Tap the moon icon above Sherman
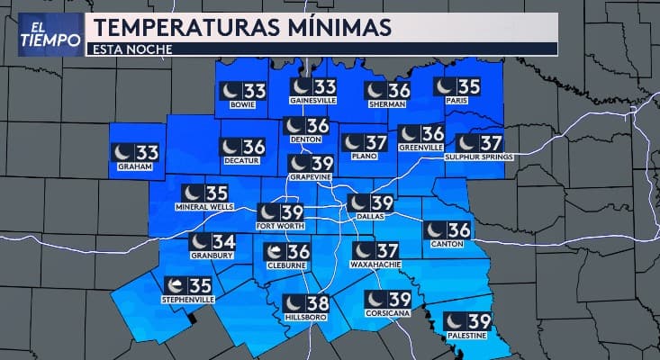coord(376,90)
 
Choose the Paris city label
coord(457,102)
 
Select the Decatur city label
coord(240,161)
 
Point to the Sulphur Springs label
coord(479,157)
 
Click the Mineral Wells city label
coord(205,207)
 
